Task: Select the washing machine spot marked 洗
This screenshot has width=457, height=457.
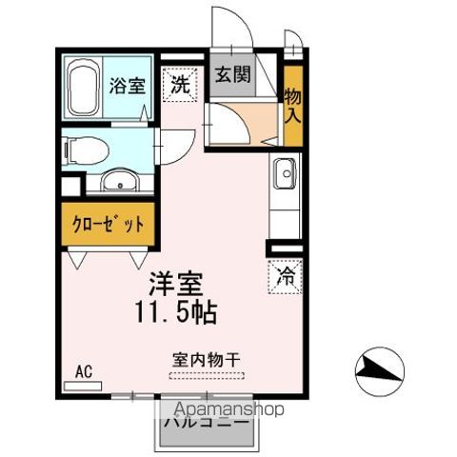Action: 179,84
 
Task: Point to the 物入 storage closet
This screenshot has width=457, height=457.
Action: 292,105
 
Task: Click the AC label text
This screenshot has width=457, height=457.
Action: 83,373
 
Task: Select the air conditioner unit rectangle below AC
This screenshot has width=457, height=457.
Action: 82,386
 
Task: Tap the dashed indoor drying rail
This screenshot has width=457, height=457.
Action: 206,374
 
